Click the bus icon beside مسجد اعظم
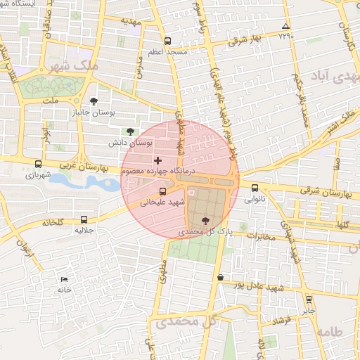[x=167, y=41]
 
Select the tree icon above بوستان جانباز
[x=94, y=101]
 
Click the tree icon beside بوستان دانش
[x=129, y=131]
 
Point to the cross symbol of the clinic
[x=157, y=161]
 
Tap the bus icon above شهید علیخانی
[x=163, y=191]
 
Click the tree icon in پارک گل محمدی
[x=205, y=221]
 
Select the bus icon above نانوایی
[x=255, y=188]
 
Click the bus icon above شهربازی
[x=38, y=164]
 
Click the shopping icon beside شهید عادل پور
[x=221, y=277]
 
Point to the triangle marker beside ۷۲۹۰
[x=285, y=26]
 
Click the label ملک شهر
[x=74, y=65]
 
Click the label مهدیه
[x=131, y=22]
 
